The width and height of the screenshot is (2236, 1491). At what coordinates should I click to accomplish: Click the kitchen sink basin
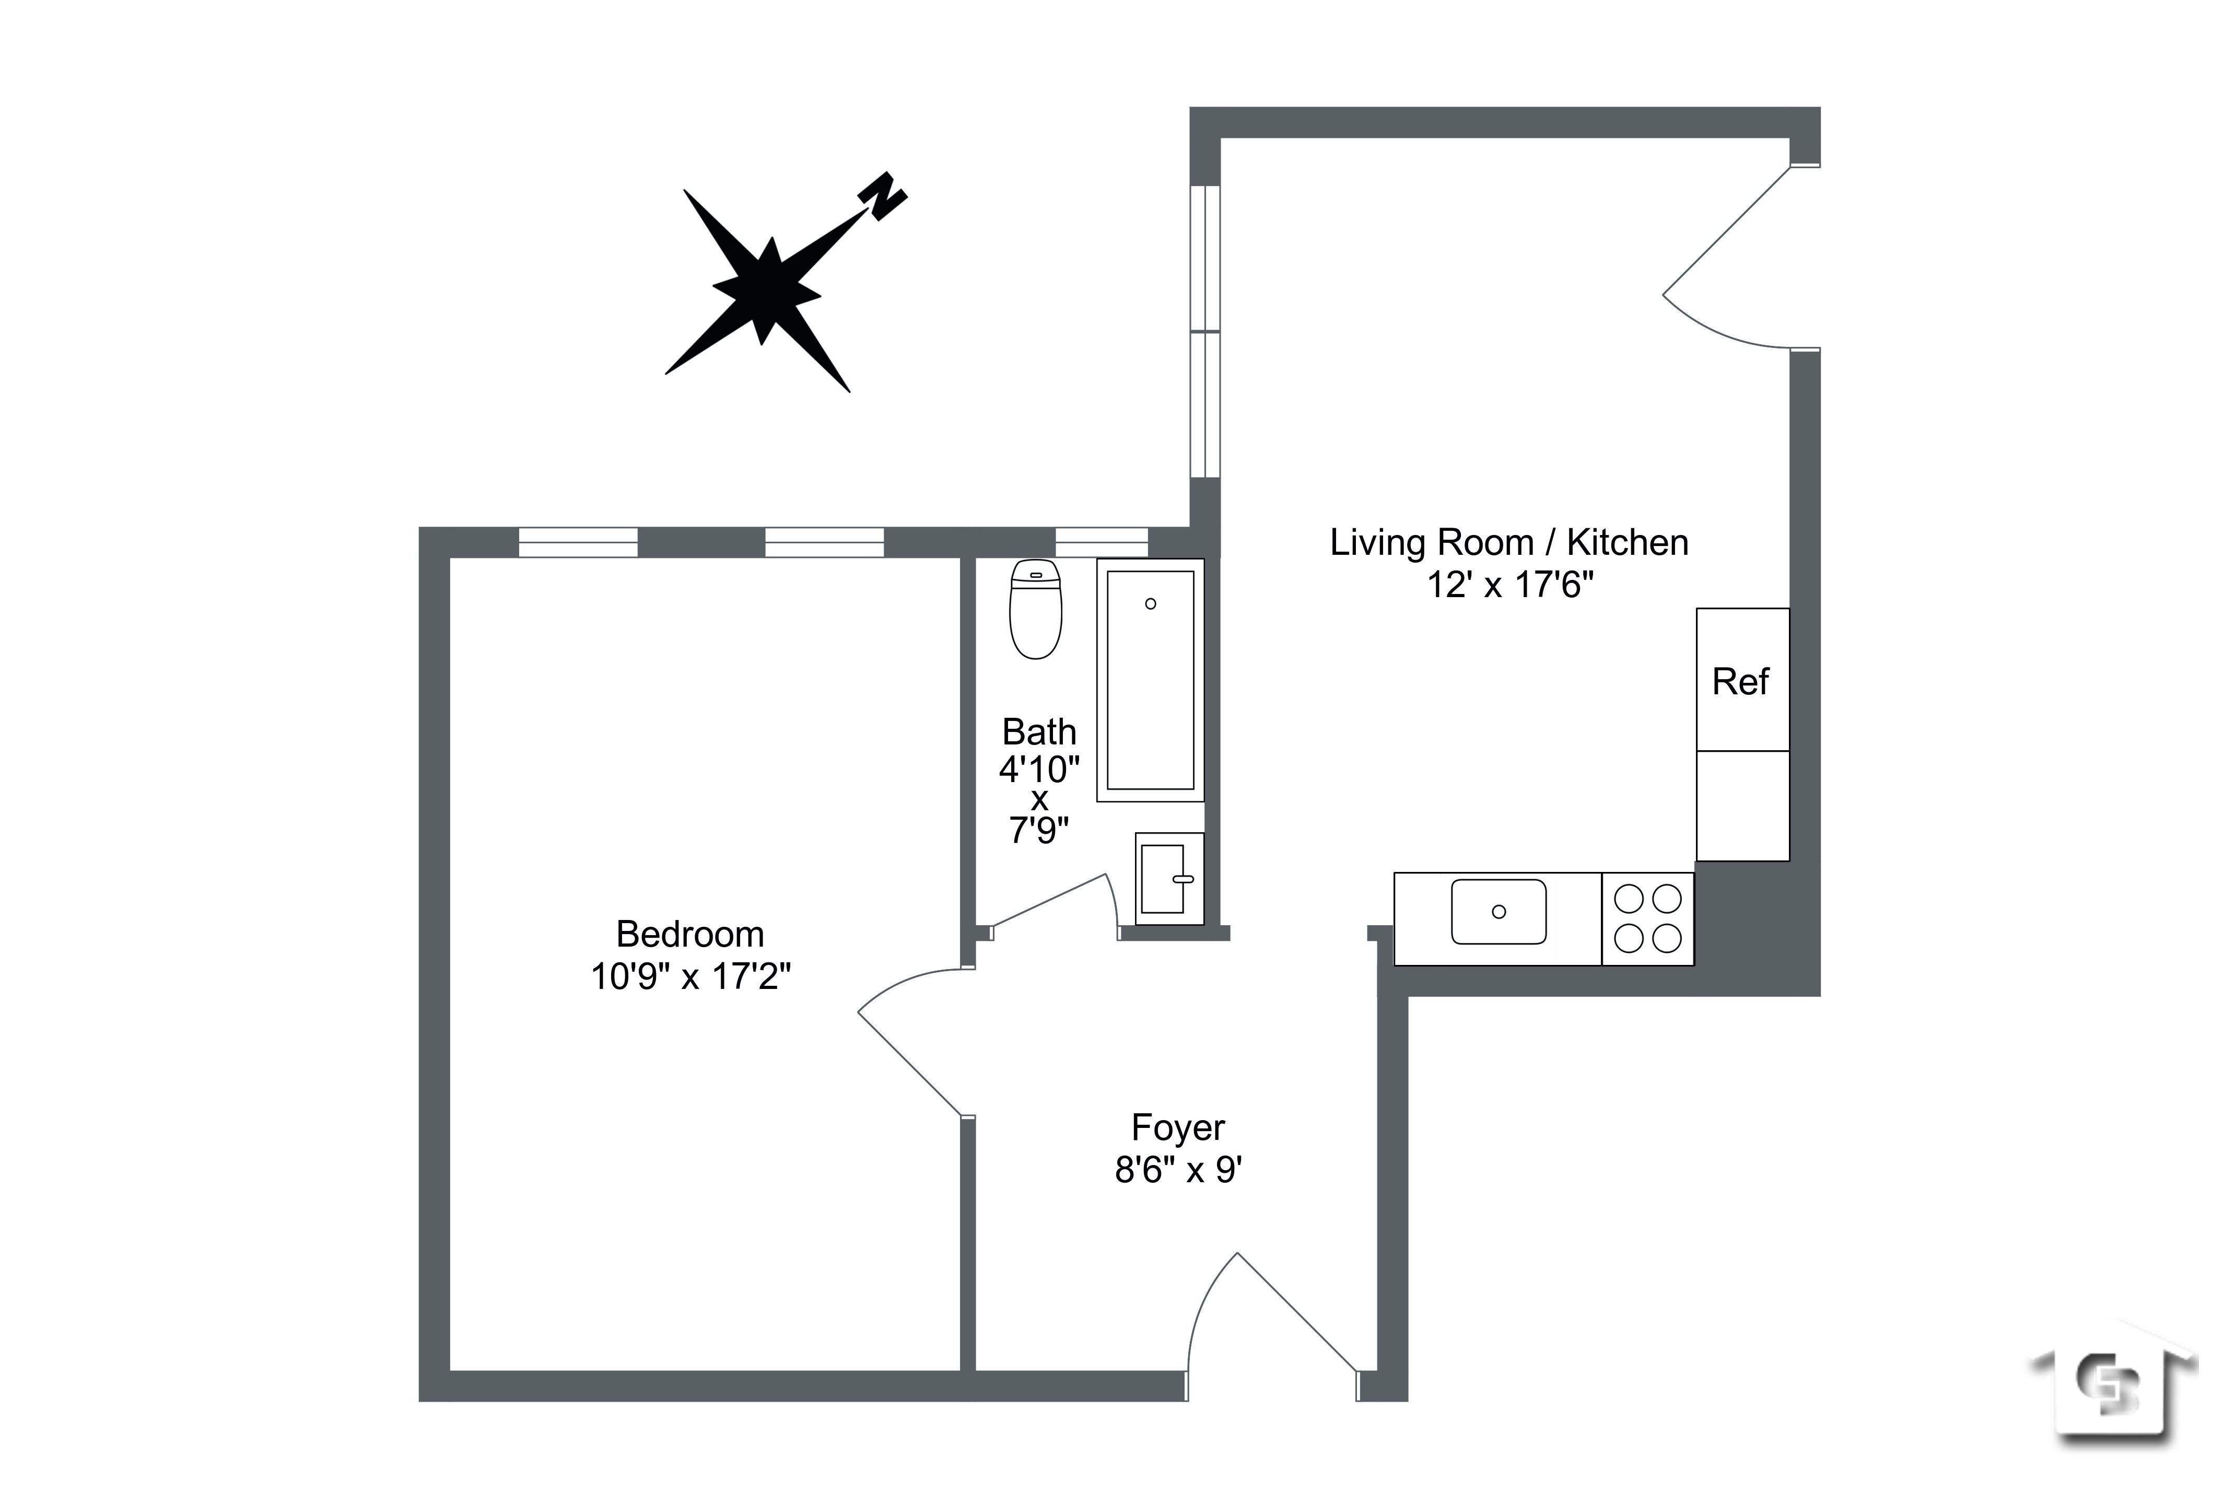[1499, 912]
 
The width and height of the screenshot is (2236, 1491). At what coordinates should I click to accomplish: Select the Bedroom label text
[690, 935]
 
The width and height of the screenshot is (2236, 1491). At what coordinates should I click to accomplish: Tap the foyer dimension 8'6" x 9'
[1178, 1170]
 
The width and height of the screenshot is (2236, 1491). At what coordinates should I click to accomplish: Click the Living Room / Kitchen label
[1509, 543]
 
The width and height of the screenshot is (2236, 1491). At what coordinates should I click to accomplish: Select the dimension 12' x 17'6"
[1509, 585]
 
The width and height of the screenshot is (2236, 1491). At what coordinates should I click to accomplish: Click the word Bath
[1039, 732]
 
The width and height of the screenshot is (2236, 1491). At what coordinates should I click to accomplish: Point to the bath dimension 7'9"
[1039, 831]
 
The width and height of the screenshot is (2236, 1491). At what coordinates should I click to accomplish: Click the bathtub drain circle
[1150, 604]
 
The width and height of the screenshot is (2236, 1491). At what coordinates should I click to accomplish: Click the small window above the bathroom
[1102, 542]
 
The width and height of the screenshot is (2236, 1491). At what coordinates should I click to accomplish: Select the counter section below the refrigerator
[1742, 806]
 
